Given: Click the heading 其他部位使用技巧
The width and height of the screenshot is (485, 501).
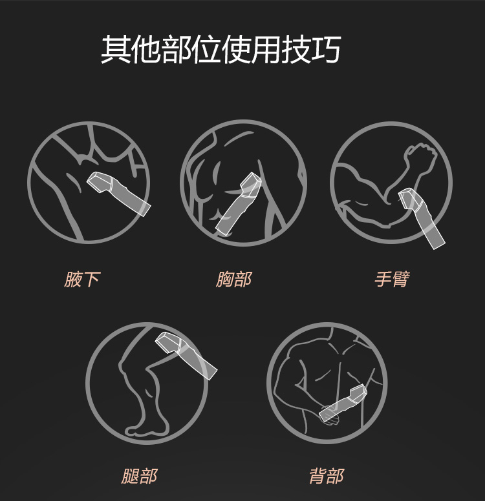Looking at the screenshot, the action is [221, 49].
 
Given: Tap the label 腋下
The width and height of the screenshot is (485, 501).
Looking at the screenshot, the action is [82, 280].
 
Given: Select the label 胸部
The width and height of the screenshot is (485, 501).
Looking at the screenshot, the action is [233, 280].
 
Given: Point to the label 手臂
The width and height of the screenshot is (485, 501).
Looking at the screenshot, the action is [392, 280].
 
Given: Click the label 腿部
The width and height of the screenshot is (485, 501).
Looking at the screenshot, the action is [139, 476].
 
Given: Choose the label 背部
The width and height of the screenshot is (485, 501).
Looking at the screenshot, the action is [327, 476].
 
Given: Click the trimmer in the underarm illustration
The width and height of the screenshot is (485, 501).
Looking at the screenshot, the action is [119, 194].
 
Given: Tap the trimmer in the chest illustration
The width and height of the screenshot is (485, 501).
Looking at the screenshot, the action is [238, 204].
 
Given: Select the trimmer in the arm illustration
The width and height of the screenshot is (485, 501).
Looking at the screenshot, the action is [422, 219].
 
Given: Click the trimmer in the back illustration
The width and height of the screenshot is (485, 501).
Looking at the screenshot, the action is [343, 404].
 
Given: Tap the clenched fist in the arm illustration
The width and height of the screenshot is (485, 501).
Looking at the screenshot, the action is [420, 154].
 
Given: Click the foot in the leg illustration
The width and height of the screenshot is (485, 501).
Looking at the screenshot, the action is [147, 429].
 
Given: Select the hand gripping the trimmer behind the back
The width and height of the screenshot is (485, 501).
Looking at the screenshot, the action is [329, 415].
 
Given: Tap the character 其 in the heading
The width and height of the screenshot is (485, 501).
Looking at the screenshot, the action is [116, 49].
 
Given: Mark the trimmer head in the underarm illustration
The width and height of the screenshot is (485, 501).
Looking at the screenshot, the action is [99, 182].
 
